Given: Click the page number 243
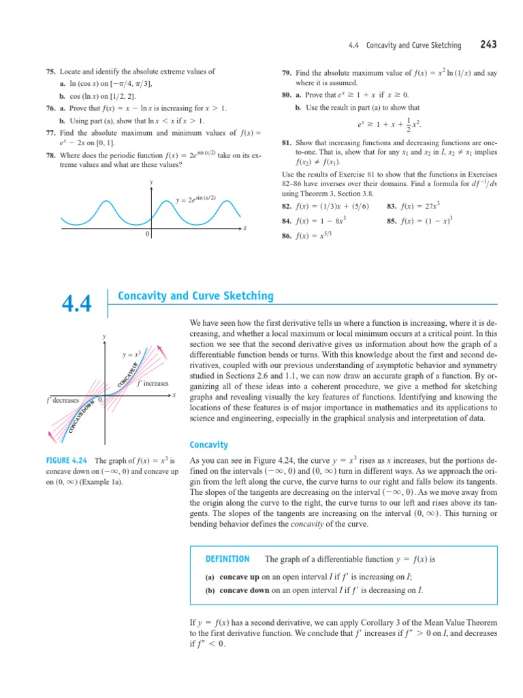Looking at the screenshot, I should pos(488,45).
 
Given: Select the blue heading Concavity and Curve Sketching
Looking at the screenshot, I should pos(195,296).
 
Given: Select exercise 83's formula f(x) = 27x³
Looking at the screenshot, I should pos(415,205).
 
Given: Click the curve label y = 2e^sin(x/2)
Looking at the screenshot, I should pos(195,199).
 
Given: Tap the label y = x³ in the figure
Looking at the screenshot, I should pos(131,354).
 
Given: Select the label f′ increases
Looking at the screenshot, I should pos(153,384).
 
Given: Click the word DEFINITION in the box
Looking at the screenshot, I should pos(227,559).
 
